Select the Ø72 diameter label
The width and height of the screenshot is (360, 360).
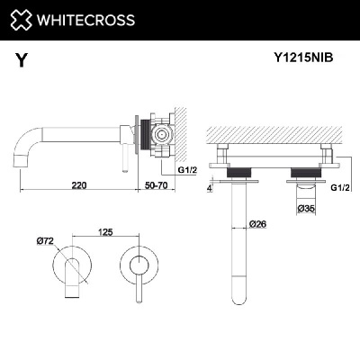tap(46, 243)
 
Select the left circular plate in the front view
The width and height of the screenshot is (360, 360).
tap(76, 267)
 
